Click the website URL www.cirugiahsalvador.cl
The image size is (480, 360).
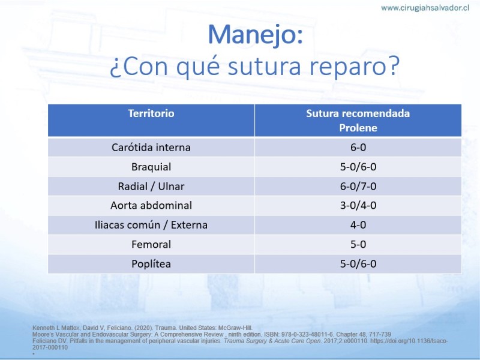(425, 8)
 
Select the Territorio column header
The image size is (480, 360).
(151, 113)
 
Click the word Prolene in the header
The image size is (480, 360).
(358, 128)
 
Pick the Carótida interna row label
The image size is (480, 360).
(151, 147)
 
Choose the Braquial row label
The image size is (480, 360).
(151, 167)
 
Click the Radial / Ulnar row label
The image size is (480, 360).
(151, 186)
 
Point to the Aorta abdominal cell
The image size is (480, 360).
(151, 205)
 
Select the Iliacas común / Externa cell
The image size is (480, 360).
(151, 224)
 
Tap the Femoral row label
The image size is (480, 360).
(151, 244)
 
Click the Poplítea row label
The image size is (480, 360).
(151, 264)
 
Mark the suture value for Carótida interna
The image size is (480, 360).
(358, 147)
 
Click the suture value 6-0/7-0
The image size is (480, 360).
(358, 186)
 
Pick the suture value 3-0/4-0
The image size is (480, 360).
(358, 205)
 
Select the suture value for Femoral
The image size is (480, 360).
(358, 244)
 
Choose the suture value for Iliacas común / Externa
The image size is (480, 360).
(358, 224)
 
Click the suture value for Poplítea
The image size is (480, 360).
(358, 264)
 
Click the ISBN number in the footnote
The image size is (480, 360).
(310, 334)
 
